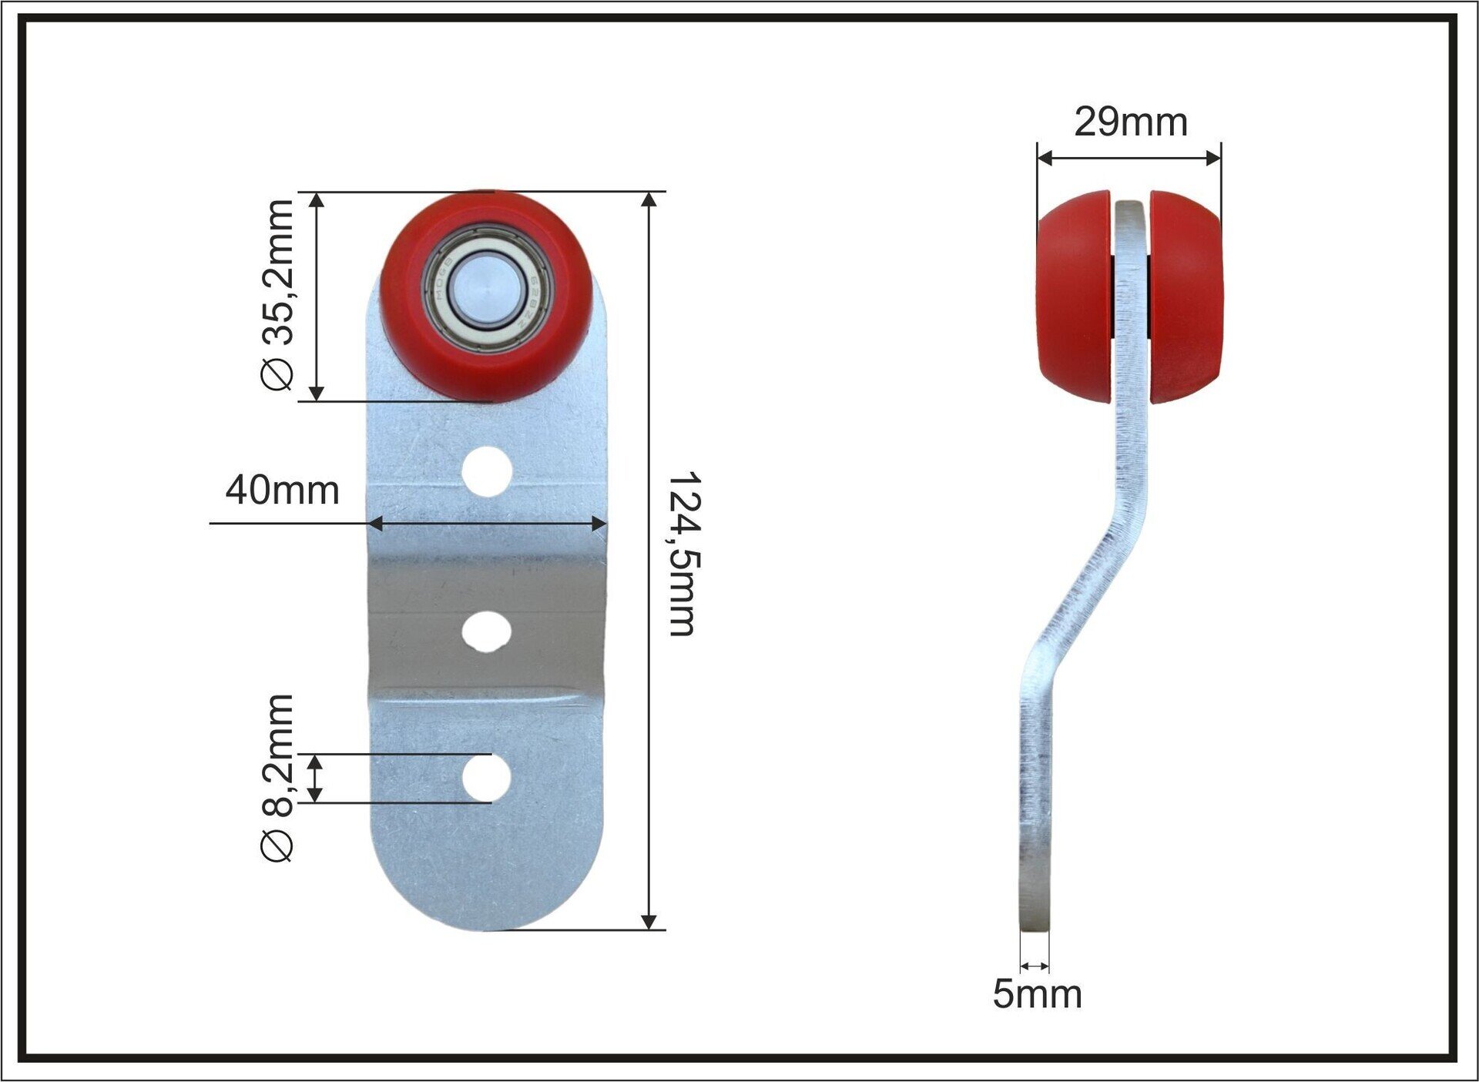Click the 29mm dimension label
tap(1130, 122)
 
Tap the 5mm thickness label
tap(1037, 993)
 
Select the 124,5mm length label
tap(682, 554)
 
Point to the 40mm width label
tap(282, 490)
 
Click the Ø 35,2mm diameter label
tap(277, 295)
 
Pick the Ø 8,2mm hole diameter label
tap(277, 778)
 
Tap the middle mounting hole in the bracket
tap(486, 632)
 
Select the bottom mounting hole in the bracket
tap(486, 777)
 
